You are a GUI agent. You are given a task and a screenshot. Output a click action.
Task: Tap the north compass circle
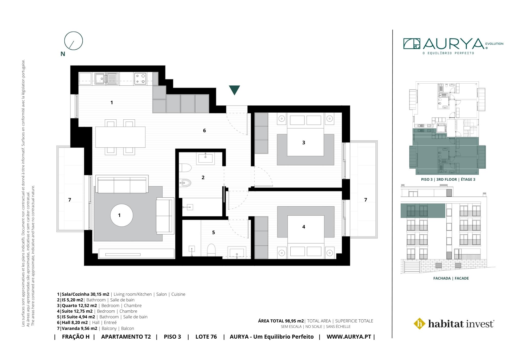tap(74, 32)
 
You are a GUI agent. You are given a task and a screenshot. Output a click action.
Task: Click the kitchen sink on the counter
tap(106, 79)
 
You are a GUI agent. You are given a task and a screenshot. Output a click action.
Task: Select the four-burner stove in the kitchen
tap(140, 79)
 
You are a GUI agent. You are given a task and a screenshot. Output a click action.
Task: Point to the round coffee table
tap(122, 215)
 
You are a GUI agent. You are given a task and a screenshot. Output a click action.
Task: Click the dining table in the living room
tap(120, 137)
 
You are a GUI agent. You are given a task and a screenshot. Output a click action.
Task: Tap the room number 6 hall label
tap(204, 130)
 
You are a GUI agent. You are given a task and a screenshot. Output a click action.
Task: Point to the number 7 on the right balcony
tap(366, 200)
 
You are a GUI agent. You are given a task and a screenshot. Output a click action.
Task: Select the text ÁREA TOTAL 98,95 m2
tap(281, 321)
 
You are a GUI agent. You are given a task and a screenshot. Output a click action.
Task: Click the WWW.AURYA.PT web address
tap(349, 337)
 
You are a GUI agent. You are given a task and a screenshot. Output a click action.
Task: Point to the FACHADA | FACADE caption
tap(451, 278)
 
